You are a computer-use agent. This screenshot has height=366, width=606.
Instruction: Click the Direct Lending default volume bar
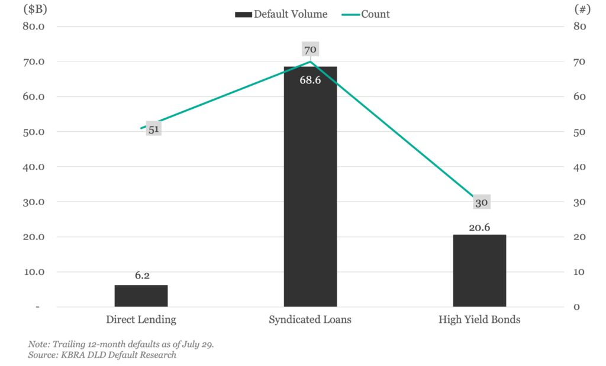(x=141, y=296)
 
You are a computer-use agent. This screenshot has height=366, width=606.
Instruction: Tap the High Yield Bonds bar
(x=479, y=271)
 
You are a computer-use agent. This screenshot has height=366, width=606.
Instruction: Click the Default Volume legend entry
(x=281, y=14)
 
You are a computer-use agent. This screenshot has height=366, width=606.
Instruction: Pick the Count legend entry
(x=366, y=14)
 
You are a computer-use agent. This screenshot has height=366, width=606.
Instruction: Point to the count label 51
(x=154, y=129)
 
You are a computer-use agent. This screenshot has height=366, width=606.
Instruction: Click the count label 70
(x=310, y=50)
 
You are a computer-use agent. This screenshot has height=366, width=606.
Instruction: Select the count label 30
(x=481, y=203)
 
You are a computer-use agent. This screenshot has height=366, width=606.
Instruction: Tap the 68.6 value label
(x=310, y=80)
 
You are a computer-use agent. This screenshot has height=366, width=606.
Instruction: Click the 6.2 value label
(x=142, y=276)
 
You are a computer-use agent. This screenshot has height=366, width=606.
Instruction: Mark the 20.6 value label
(x=479, y=227)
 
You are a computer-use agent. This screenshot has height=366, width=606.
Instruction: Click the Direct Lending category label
(x=141, y=320)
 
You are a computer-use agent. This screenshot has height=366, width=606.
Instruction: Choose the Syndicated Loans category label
(x=310, y=320)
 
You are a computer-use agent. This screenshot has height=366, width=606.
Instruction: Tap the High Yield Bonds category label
(x=479, y=320)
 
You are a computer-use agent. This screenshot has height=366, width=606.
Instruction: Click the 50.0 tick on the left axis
(x=34, y=132)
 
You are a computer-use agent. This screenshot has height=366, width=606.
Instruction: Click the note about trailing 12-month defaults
(x=121, y=344)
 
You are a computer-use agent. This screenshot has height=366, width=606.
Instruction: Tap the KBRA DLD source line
(x=102, y=355)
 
